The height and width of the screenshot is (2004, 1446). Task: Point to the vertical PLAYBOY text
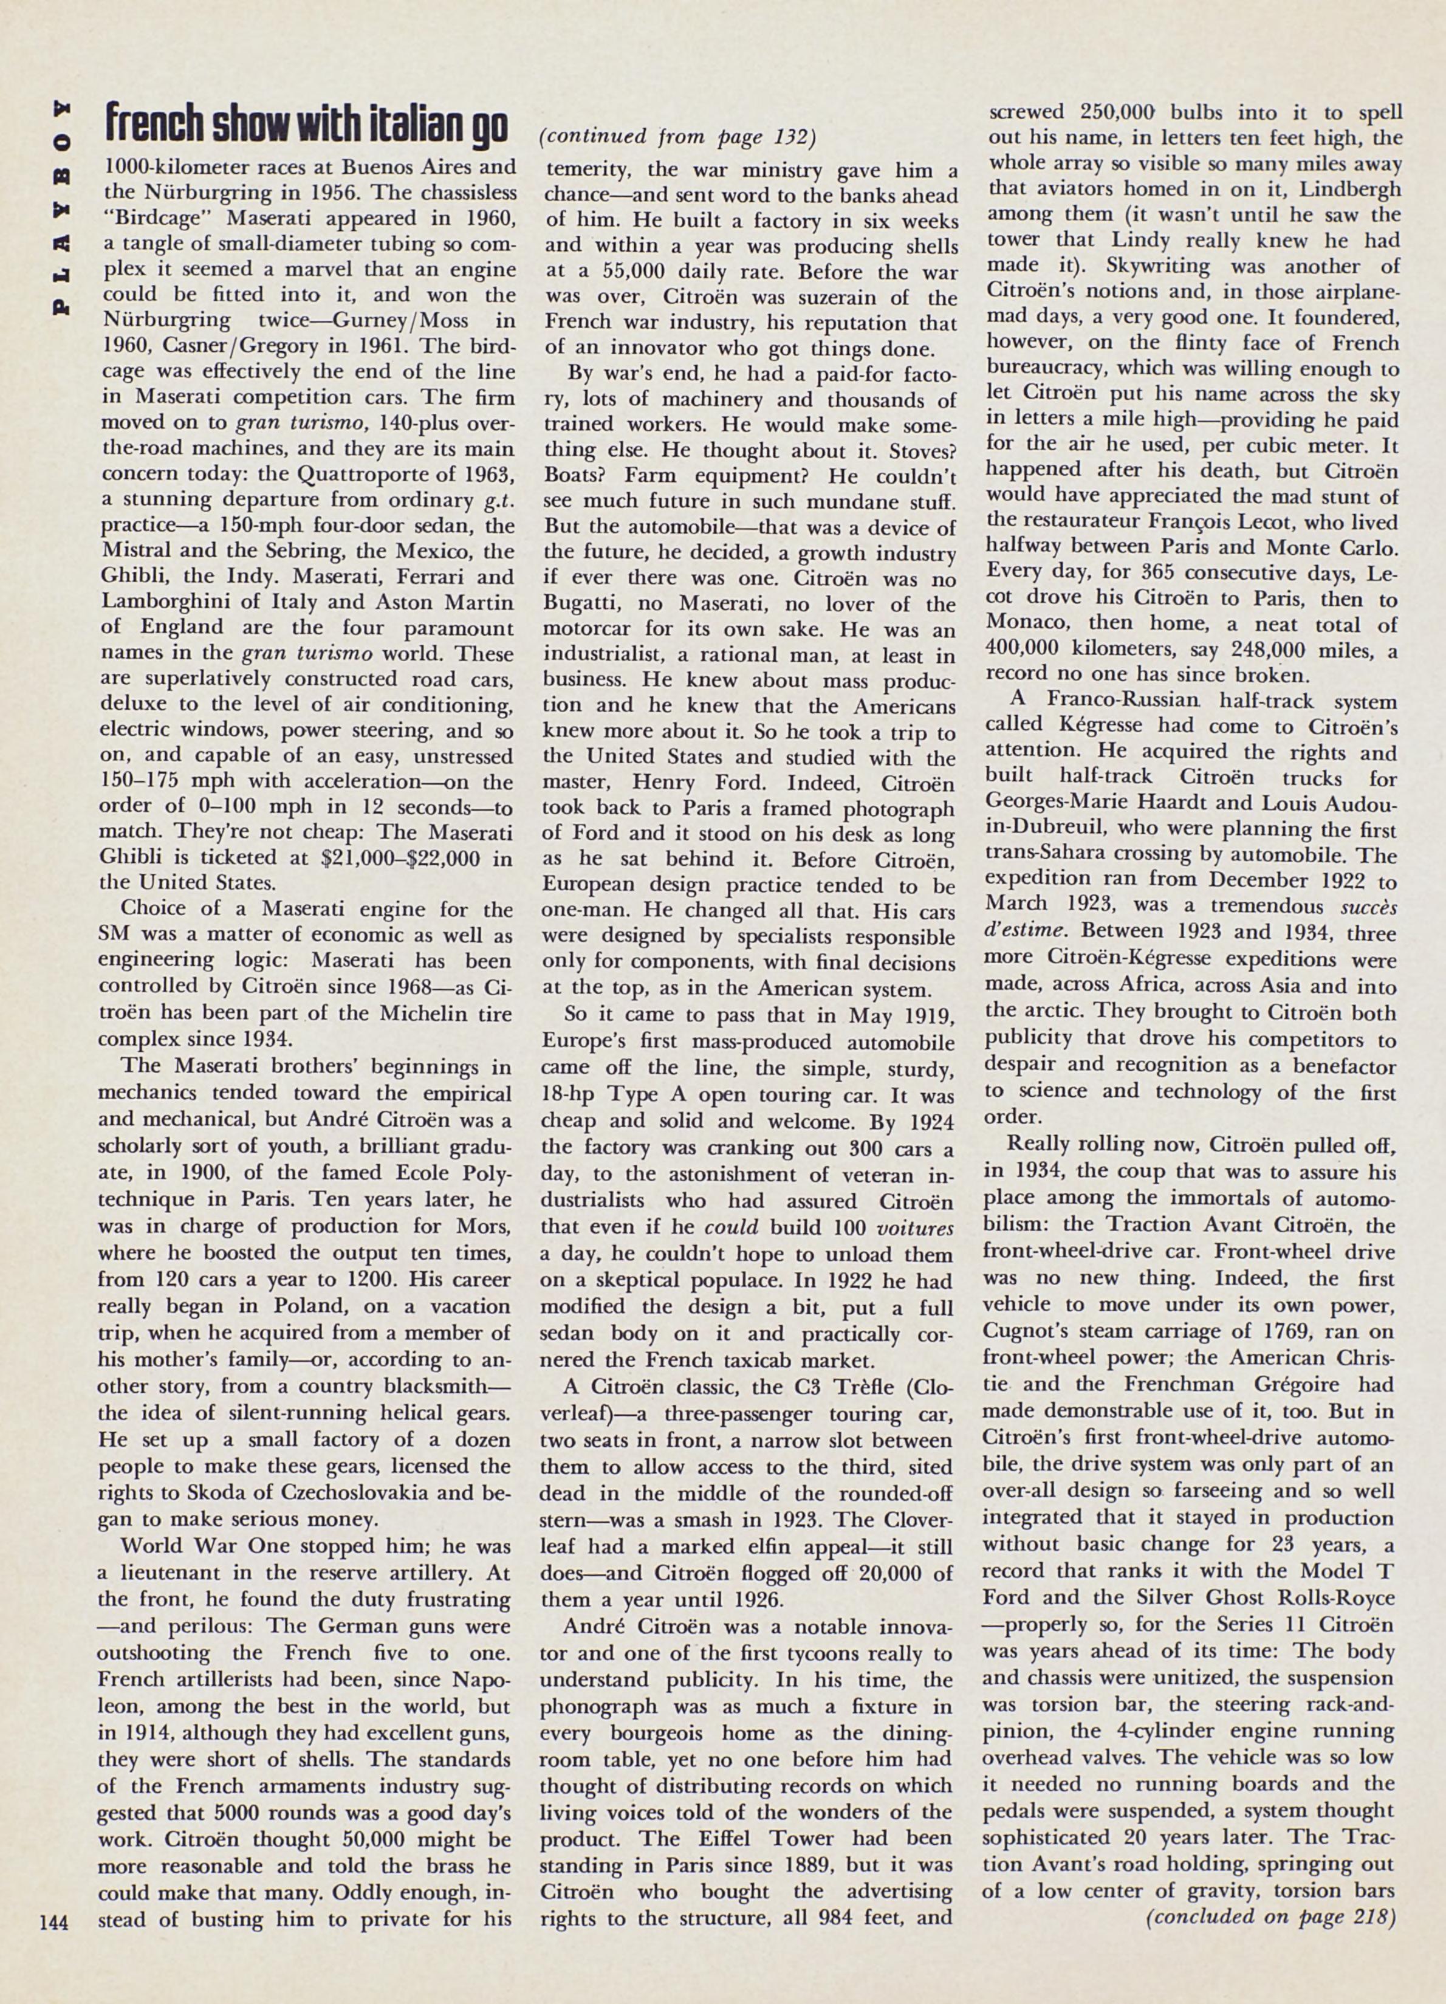tap(61, 208)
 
